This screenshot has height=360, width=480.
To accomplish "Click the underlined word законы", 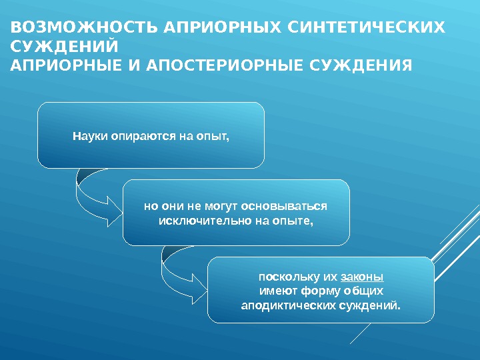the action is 361,276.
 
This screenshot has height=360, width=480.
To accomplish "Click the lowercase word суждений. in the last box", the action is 373,305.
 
